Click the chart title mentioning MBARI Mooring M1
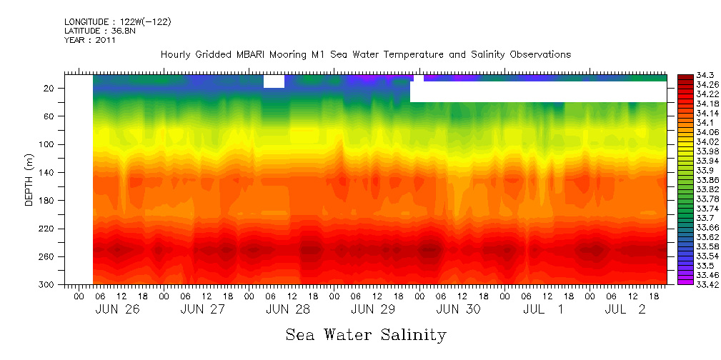click(x=365, y=55)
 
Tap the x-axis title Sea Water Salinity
click(x=366, y=335)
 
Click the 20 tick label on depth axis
click(x=50, y=89)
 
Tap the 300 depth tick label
click(x=48, y=285)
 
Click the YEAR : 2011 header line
click(x=89, y=40)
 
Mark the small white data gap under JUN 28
click(x=274, y=81)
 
